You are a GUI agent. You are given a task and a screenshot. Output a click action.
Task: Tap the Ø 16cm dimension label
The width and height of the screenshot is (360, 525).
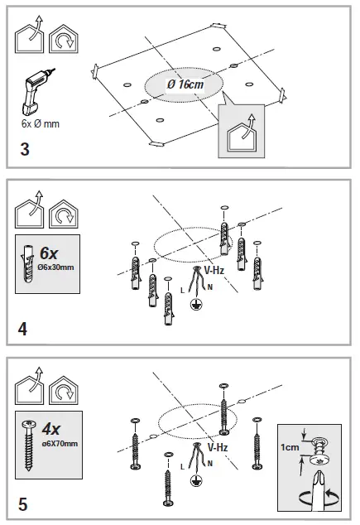click(x=185, y=84)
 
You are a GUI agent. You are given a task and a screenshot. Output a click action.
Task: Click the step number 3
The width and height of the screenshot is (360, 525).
click(x=25, y=149)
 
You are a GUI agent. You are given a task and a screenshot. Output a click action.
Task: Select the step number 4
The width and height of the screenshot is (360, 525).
click(x=22, y=329)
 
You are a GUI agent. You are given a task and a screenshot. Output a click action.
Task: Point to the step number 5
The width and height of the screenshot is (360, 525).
click(x=22, y=504)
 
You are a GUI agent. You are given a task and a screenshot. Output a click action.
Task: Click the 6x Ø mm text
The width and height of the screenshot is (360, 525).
click(x=41, y=124)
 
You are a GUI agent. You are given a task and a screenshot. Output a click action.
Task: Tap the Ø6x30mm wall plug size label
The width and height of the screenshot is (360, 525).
click(x=56, y=267)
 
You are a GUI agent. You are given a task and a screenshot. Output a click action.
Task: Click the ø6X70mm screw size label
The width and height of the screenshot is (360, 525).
click(x=60, y=444)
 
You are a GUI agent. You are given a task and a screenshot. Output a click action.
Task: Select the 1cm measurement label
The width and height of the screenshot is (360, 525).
click(x=290, y=447)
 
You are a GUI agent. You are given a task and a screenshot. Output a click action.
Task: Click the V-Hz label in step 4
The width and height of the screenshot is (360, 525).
click(x=214, y=270)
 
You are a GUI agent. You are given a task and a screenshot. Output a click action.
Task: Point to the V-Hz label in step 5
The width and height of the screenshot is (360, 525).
click(x=218, y=447)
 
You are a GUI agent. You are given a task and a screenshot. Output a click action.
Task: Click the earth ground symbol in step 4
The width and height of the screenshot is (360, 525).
click(x=196, y=305)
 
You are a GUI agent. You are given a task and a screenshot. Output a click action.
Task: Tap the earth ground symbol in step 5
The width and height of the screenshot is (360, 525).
click(x=196, y=481)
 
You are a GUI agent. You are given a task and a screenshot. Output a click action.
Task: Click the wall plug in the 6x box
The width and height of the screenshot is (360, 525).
click(x=28, y=264)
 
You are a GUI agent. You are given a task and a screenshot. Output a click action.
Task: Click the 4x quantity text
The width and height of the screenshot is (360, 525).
click(x=51, y=429)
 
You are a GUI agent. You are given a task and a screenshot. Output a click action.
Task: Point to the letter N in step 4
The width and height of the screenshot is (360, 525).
click(x=209, y=287)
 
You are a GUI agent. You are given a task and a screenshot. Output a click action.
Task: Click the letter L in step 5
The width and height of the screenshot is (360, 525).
click(x=182, y=466)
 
